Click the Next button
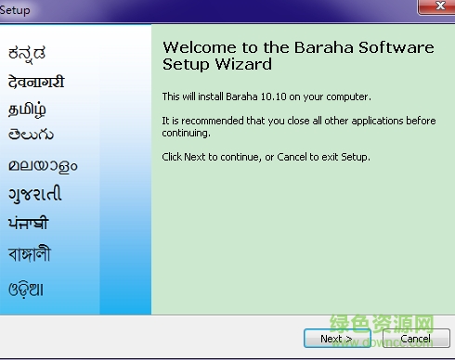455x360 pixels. pyautogui.click(x=336, y=339)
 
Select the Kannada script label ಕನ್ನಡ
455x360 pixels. pyautogui.click(x=27, y=51)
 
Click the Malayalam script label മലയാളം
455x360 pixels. pyautogui.click(x=43, y=166)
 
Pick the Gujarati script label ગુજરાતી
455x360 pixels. pyautogui.click(x=35, y=195)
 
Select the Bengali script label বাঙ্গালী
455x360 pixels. pyautogui.click(x=30, y=253)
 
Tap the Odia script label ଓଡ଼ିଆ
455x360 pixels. pyautogui.click(x=26, y=288)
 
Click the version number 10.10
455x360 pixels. pyautogui.click(x=260, y=96)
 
